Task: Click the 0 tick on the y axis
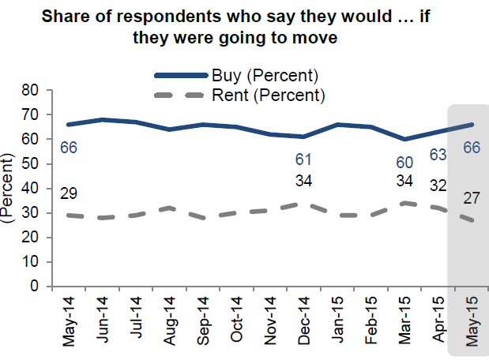[35, 287]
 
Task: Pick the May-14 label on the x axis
[70, 321]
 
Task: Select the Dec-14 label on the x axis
[303, 321]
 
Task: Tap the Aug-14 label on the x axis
[170, 321]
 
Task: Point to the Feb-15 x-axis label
[369, 321]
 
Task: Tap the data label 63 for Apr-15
[438, 154]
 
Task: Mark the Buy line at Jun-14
[103, 120]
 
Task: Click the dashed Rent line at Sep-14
[203, 218]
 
